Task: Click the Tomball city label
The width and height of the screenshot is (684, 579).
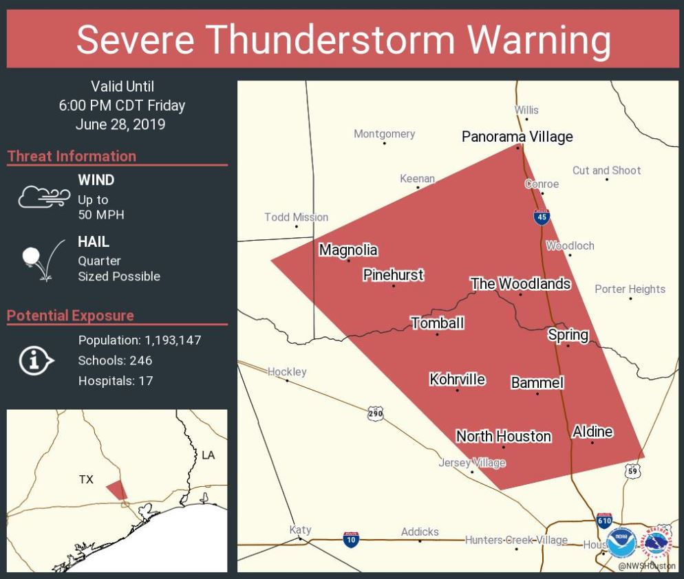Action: click(437, 323)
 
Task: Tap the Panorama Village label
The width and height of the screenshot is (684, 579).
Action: click(517, 137)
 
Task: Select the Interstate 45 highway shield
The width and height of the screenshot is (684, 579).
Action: click(542, 217)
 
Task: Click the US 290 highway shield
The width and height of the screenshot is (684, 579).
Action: click(375, 414)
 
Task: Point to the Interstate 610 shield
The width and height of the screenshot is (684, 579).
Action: click(604, 520)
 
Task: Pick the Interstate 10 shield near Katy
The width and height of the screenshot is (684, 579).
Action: click(351, 539)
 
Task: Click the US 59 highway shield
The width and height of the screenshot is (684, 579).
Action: click(633, 471)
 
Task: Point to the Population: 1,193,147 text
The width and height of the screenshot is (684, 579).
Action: click(140, 340)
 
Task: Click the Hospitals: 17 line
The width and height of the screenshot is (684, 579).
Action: click(116, 380)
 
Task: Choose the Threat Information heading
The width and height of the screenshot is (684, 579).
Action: click(72, 156)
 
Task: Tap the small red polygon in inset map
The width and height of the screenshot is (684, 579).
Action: click(117, 490)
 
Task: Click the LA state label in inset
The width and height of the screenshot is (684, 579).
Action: click(208, 455)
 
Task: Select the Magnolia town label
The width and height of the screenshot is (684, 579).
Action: click(348, 250)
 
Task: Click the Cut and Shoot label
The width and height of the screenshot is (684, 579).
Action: click(606, 171)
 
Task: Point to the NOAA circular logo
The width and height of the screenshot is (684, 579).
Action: click(621, 543)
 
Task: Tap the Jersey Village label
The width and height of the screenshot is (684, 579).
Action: click(472, 463)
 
